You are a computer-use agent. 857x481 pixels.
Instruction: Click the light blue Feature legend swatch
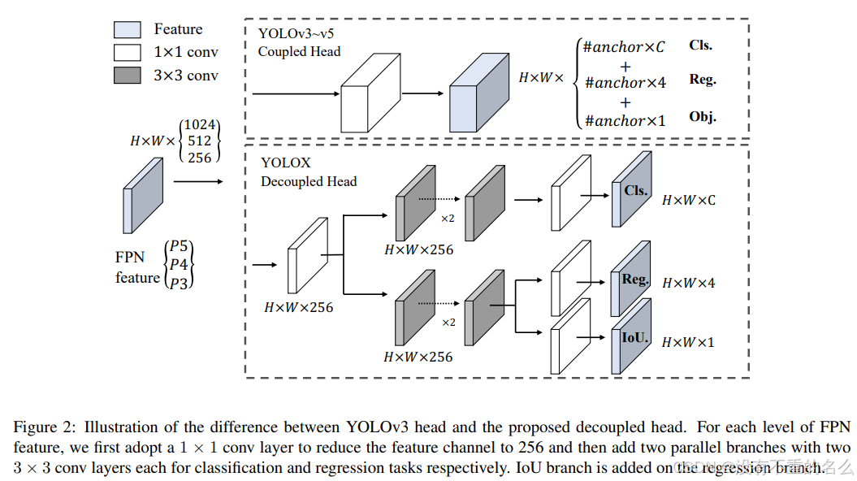point(128,30)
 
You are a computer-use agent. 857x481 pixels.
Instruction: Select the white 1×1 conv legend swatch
point(128,53)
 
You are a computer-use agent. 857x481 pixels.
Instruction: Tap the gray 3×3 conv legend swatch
point(128,76)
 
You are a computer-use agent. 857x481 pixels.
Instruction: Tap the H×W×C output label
point(689,200)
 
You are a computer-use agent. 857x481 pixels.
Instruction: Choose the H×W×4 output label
point(688,284)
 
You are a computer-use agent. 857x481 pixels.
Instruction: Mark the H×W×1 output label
point(688,342)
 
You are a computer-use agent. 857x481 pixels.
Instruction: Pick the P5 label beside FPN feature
point(179,247)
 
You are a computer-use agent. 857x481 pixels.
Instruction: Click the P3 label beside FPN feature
point(179,282)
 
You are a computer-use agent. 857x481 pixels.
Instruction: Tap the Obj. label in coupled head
point(703,117)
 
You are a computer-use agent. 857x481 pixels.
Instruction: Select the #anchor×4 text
point(625,82)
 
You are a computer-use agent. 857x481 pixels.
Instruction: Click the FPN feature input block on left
point(142,196)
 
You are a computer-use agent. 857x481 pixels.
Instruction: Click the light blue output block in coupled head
point(478,95)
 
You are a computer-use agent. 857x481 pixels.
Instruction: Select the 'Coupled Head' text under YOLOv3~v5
point(299,51)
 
